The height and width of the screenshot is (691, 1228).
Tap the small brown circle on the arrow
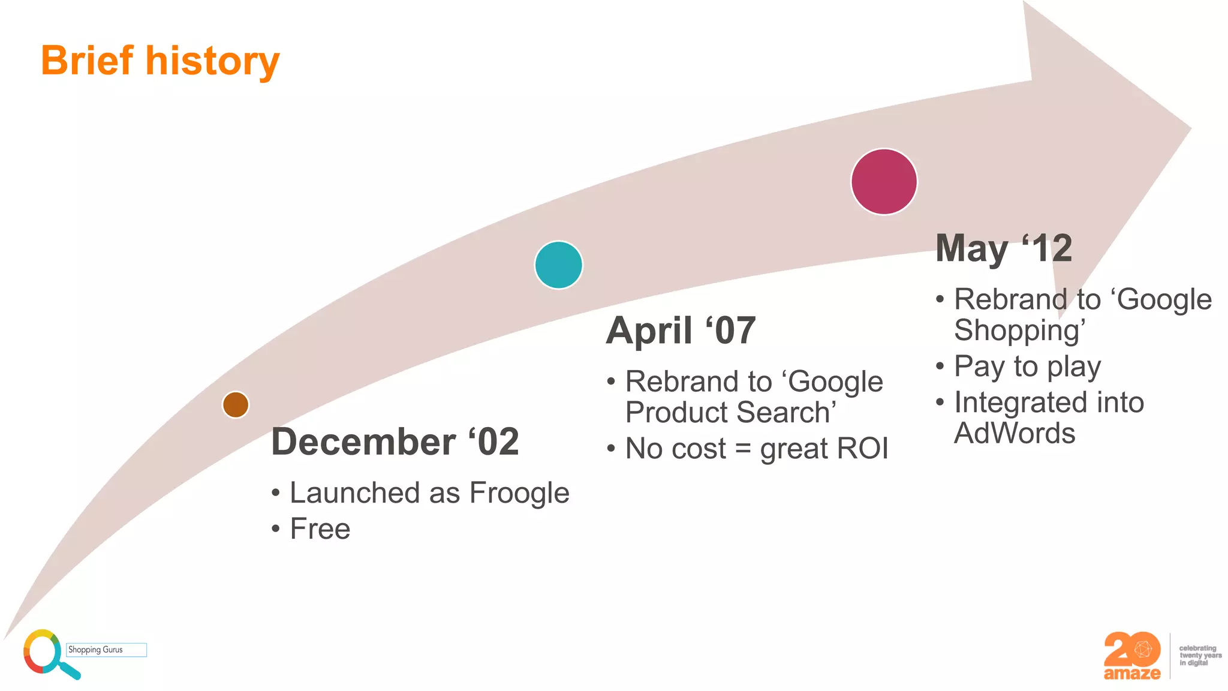[x=236, y=405]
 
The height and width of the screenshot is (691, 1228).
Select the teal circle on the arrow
[x=558, y=265]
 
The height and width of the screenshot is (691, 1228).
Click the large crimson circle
[x=884, y=182]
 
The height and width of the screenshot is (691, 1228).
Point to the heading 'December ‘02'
[x=395, y=442]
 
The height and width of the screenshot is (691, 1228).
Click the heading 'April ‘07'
[x=681, y=331]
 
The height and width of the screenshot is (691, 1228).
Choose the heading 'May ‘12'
[x=1004, y=248]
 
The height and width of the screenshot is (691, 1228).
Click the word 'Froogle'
[x=519, y=493]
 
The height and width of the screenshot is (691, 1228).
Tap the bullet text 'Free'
[x=320, y=529]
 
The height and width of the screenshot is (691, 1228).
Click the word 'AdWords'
[x=1015, y=433]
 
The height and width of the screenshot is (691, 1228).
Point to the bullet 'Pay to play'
[x=1027, y=366]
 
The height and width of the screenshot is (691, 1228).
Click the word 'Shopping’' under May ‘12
[x=1019, y=331]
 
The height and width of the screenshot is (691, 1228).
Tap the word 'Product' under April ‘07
[x=676, y=413]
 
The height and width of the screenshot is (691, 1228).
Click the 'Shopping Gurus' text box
[x=106, y=650]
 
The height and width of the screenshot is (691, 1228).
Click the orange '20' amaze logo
[x=1132, y=656]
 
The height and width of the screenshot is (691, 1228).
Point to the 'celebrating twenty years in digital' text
[x=1199, y=656]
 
